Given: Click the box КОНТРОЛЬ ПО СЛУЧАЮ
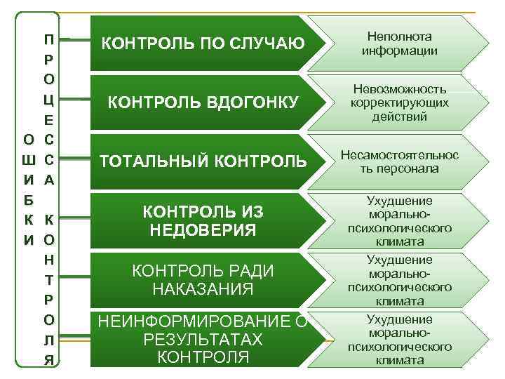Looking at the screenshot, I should tap(203, 44).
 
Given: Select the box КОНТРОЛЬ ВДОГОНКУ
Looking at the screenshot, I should tap(203, 103).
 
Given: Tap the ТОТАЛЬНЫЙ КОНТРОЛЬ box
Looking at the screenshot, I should tap(203, 161).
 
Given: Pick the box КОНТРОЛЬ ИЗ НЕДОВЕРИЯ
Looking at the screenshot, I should tap(203, 220).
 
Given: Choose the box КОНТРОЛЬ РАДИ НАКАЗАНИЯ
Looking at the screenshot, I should tap(203, 280).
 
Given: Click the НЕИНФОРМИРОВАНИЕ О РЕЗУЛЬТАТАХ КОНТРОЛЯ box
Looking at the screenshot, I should tap(203, 339).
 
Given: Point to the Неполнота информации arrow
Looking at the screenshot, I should tap(399, 44).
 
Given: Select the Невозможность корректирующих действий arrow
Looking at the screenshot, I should tap(399, 103).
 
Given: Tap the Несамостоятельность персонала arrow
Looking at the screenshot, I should tap(399, 161).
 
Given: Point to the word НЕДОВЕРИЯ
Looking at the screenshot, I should tap(203, 230).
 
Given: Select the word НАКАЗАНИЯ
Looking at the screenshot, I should tap(203, 290).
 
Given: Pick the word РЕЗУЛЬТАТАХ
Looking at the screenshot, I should tap(203, 340).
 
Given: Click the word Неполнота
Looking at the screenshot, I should tap(400, 36).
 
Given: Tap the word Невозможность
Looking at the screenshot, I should tap(400, 90).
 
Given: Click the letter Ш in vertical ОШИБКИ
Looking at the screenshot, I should tap(27, 159).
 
